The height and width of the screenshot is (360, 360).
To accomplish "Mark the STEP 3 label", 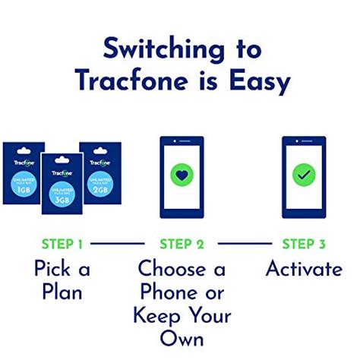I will click(303, 244).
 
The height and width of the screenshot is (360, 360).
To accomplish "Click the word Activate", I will click(303, 269).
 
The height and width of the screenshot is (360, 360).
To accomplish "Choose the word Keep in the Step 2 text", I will click(157, 315).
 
